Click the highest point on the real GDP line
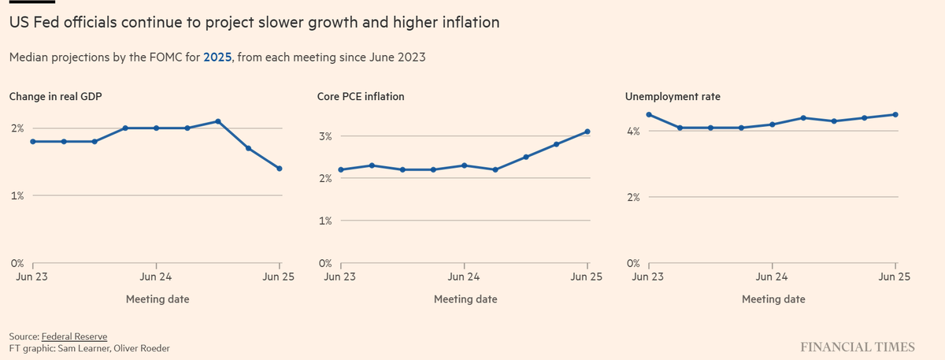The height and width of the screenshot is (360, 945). click(217, 121)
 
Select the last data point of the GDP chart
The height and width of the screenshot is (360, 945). click(280, 169)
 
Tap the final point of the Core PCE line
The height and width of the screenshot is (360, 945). click(587, 132)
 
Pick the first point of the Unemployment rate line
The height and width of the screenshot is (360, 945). click(649, 114)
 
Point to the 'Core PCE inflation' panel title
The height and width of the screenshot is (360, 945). click(356, 97)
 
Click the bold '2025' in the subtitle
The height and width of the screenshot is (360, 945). click(217, 58)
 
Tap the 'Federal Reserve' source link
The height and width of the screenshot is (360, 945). click(74, 336)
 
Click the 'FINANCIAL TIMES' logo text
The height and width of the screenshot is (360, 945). click(858, 347)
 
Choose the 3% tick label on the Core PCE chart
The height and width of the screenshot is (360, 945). click(325, 136)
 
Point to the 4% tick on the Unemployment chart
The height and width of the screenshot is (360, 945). click(633, 131)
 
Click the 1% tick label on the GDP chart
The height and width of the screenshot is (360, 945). click(17, 195)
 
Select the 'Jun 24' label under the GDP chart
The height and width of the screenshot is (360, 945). click(156, 276)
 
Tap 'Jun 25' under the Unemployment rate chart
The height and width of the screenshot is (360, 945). click(895, 276)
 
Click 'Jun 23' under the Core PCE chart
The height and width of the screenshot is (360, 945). click(341, 276)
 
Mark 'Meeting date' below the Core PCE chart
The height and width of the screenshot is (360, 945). click(465, 299)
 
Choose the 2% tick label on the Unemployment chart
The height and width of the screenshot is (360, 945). click(633, 198)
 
